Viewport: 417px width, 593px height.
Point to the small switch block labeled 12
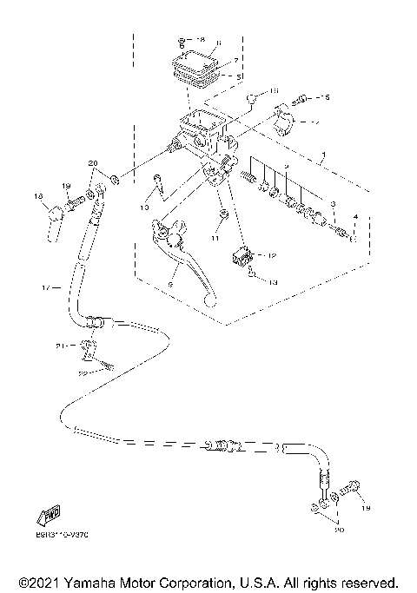point(243,256)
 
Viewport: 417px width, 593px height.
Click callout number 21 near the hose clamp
point(60,345)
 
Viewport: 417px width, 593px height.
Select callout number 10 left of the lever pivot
point(143,208)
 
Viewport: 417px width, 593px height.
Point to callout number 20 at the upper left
point(94,163)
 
